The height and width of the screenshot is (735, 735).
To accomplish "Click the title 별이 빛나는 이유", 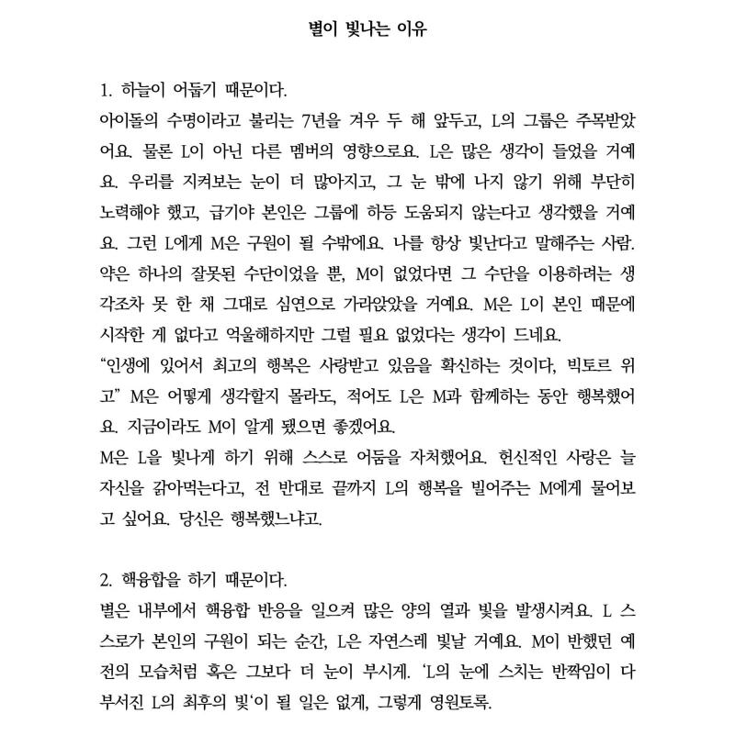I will click(x=367, y=28).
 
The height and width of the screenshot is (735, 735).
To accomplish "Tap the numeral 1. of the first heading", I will click(x=106, y=92).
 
